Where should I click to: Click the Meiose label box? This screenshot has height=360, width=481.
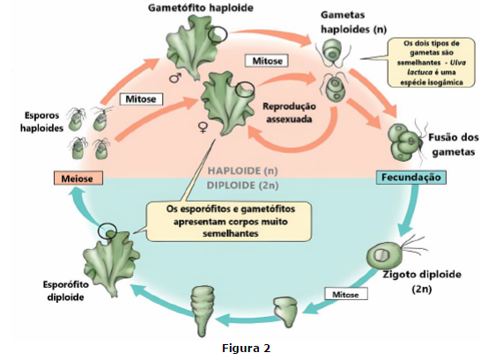(x=78, y=178)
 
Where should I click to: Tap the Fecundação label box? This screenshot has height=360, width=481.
(x=411, y=178)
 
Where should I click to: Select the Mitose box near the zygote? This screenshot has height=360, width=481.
(x=345, y=294)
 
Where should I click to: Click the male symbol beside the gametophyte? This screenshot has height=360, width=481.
(x=175, y=77)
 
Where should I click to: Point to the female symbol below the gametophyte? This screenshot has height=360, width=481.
(x=203, y=127)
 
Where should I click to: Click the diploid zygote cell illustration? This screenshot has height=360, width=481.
(x=381, y=255)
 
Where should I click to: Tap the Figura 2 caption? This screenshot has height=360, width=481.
(x=246, y=349)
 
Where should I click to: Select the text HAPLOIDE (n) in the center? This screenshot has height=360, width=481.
(x=242, y=171)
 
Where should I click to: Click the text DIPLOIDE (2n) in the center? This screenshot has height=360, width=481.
(x=242, y=186)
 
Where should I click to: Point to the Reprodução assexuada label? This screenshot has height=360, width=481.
(x=289, y=113)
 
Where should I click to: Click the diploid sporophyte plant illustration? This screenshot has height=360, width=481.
(x=111, y=262)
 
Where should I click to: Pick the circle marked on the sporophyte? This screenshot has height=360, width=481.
(x=107, y=231)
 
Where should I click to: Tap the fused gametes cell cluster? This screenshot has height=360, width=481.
(x=404, y=142)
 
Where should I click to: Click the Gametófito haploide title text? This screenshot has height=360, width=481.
(x=201, y=8)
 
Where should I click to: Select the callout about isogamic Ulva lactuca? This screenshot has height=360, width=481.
(x=432, y=62)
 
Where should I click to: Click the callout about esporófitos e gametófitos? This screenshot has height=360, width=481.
(x=230, y=221)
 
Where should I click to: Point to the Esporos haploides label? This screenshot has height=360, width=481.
(x=41, y=121)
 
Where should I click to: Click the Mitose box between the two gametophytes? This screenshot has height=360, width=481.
(x=267, y=61)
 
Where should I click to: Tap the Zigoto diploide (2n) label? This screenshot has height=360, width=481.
(x=422, y=282)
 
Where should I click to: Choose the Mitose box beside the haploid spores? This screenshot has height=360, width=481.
(x=141, y=99)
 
